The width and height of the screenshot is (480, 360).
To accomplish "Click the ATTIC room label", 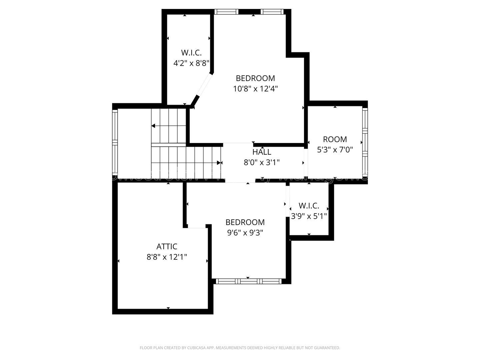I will pos(167,246).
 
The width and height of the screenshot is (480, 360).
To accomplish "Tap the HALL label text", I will pos(262,152).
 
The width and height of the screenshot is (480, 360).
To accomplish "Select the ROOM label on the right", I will pos(335,139).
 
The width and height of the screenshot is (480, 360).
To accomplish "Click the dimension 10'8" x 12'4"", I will pos(255,89).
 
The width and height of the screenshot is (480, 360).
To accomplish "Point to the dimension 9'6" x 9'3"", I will pos(245,233).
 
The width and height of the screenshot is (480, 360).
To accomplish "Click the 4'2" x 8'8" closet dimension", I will pos(191,63).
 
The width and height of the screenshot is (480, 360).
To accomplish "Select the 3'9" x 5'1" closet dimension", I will pos(309,216).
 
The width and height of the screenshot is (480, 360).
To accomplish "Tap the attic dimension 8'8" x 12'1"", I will pos(167,257).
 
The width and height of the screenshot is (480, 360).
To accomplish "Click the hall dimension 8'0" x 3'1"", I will pos(262,163).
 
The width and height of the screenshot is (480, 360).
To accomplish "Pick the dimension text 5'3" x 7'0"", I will pos(335,150).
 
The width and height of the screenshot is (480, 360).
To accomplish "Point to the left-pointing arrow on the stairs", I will pos(154,126).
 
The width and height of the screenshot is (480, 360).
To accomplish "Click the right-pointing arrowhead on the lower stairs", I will pos(219,163).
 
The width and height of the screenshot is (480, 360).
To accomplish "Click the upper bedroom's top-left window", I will pos(226,12).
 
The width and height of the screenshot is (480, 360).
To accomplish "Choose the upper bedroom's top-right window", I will pos(272,12).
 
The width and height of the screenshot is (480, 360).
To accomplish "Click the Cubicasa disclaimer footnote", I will pos(240,348).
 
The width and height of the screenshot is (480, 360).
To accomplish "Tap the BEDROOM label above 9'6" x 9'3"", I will pos(245,222).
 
